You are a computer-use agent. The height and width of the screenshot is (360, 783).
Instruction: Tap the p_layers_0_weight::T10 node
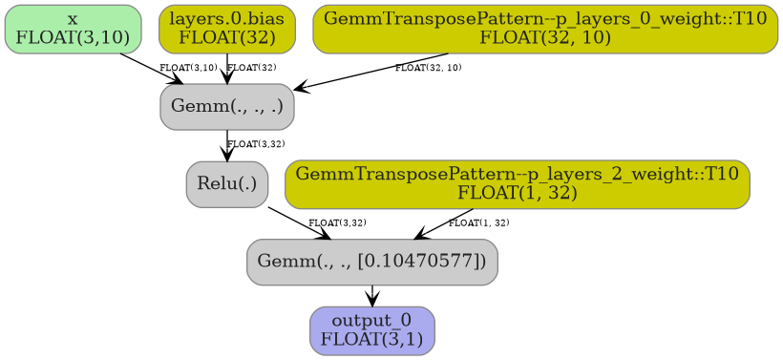click(544, 29)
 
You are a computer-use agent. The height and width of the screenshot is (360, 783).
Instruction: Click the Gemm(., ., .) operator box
click(227, 106)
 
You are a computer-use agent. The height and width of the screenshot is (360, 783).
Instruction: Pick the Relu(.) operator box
click(227, 183)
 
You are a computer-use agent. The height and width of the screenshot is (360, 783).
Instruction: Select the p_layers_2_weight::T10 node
click(517, 183)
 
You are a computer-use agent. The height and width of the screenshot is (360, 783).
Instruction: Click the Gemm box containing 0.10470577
click(371, 262)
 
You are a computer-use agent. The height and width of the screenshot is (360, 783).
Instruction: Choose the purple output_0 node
click(371, 330)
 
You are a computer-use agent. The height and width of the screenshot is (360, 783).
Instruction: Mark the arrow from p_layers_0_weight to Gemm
click(372, 72)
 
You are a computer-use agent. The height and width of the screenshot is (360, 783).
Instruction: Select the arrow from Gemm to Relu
click(227, 145)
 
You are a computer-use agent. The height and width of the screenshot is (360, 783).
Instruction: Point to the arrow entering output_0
click(371, 296)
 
